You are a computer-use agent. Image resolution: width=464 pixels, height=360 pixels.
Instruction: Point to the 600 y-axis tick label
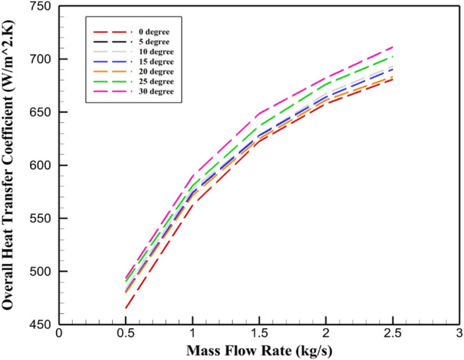40,166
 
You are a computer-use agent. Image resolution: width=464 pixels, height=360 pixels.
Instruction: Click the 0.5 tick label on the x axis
125,336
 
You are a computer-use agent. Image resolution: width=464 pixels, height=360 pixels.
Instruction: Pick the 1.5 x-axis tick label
258,336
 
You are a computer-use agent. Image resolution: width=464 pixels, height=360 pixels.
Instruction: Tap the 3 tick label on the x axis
459,336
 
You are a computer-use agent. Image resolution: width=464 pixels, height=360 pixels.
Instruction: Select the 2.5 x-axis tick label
392,336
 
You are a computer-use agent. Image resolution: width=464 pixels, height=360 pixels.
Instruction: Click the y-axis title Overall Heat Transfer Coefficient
12,166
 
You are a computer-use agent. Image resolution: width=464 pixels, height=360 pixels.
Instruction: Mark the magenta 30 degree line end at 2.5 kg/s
392,47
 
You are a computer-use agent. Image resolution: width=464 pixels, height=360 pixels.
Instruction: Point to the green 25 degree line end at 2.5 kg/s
392,56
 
